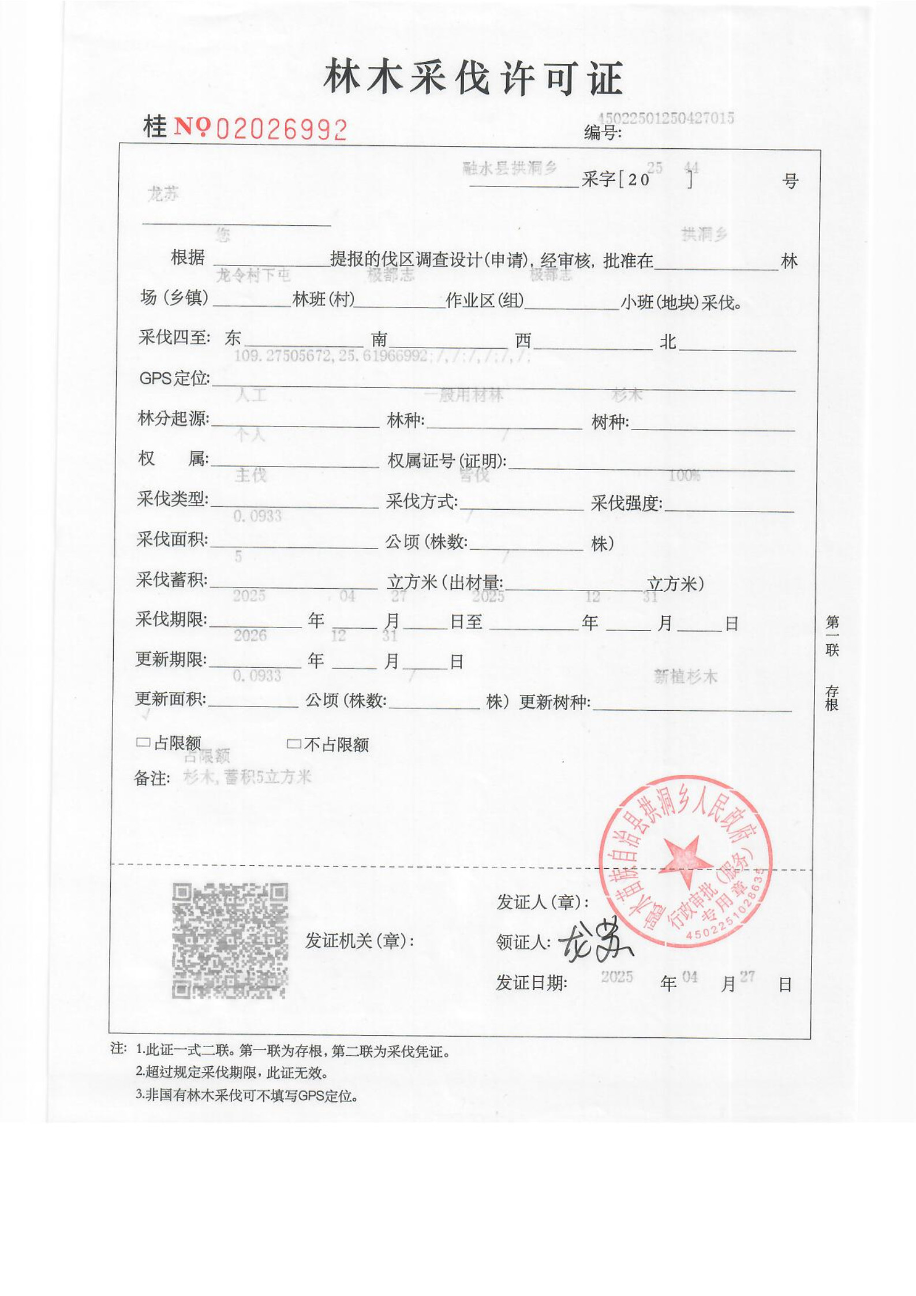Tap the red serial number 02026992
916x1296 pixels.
tap(281, 130)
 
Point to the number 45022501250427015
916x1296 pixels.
tap(665, 118)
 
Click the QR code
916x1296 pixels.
tap(230, 940)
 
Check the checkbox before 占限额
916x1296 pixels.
tap(143, 743)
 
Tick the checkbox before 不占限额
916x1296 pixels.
tap(294, 744)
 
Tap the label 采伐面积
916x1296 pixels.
tap(172, 539)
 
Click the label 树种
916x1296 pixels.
tap(610, 422)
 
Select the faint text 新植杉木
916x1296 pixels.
tap(685, 677)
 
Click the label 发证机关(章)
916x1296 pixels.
tap(360, 941)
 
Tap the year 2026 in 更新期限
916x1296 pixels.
tap(250, 636)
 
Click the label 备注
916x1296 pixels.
tap(152, 779)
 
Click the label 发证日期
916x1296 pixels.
tap(531, 983)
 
